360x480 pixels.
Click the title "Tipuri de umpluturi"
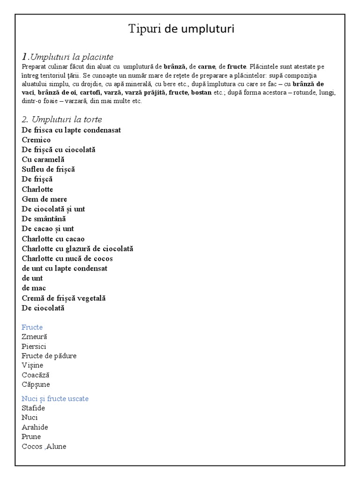[x=181, y=29]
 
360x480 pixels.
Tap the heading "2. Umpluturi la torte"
[x=62, y=120]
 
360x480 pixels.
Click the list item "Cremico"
[x=36, y=140]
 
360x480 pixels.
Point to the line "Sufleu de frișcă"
[x=48, y=169]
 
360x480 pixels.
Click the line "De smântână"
[x=44, y=218]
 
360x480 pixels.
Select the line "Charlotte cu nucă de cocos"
[x=67, y=258]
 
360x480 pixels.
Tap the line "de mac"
[x=34, y=288]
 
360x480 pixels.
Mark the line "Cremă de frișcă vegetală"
[x=64, y=298]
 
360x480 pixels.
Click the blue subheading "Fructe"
[x=32, y=327]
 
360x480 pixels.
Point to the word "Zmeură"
[x=34, y=337]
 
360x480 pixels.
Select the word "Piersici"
[x=34, y=346]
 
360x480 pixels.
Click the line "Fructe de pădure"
[x=49, y=356]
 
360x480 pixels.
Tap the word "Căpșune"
[x=36, y=384]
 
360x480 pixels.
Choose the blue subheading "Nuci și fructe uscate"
[x=55, y=398]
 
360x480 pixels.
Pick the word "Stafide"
[x=33, y=408]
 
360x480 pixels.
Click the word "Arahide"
[x=35, y=427]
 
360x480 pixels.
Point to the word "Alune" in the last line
[x=57, y=446]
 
